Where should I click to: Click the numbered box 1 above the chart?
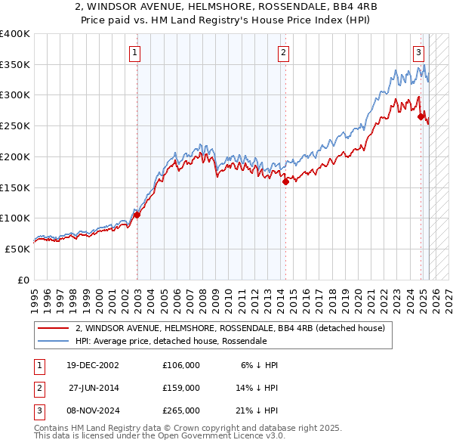[x=134, y=52]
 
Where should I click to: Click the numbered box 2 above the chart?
[x=283, y=52]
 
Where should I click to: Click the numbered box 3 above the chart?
[x=418, y=52]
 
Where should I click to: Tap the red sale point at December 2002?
[x=137, y=215]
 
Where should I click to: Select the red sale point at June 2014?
[x=286, y=181]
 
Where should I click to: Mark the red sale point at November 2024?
[x=421, y=116]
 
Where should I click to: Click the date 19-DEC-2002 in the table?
[x=93, y=365]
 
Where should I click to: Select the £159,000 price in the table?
[x=181, y=388]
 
